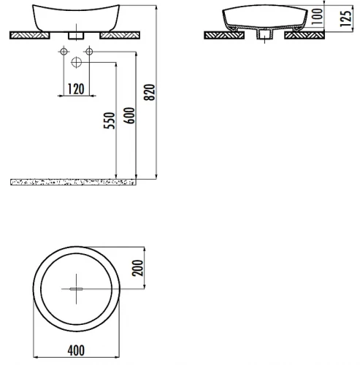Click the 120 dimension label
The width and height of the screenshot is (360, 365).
(76, 89)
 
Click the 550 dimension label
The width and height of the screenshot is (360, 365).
(109, 120)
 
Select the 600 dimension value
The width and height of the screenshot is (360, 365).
(129, 115)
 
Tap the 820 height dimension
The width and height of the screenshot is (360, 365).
(149, 92)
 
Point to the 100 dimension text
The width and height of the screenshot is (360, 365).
(317, 16)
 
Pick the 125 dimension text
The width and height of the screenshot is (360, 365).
(346, 19)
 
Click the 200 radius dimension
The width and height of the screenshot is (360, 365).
(137, 268)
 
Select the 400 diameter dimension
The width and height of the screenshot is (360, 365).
(76, 350)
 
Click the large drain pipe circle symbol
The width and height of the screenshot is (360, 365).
(77, 62)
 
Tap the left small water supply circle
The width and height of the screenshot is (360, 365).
(64, 52)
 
